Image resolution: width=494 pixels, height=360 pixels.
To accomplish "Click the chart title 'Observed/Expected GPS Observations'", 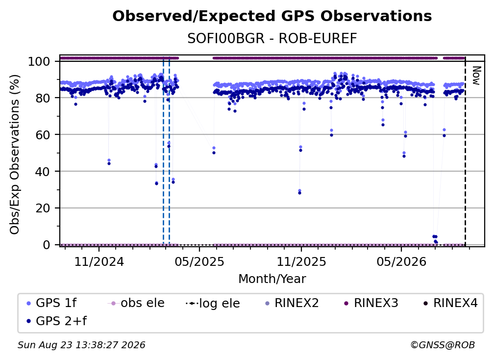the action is (x=272, y=16).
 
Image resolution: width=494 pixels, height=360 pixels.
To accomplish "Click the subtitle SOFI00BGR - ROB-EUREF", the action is (x=272, y=39).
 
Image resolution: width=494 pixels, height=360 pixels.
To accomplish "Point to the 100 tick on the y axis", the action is (x=39, y=61).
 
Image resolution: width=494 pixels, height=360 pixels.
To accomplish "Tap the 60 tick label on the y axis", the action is (x=43, y=134).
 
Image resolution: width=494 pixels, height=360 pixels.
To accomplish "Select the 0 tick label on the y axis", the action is (x=47, y=245).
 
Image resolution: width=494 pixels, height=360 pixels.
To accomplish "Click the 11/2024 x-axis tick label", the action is (x=99, y=262).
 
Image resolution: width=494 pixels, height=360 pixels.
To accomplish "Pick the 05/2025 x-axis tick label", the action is (x=199, y=262).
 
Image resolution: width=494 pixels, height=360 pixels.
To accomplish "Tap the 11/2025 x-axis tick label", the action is (x=301, y=262).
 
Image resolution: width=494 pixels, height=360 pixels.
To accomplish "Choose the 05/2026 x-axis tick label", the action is (x=401, y=262).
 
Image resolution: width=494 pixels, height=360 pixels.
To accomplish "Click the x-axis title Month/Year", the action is (x=272, y=279).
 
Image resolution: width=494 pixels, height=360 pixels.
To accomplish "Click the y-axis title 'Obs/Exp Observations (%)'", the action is (x=15, y=154).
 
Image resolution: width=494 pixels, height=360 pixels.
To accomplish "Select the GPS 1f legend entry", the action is (x=51, y=303).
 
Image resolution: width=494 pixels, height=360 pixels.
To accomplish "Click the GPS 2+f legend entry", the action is (x=56, y=321).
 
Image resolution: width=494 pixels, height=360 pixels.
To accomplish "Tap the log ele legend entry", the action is (x=213, y=303).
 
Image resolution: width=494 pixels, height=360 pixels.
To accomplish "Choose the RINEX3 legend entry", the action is (x=371, y=303).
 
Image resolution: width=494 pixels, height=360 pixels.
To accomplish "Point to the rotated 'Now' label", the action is (x=476, y=76).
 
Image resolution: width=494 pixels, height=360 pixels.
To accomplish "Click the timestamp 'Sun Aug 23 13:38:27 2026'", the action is (x=81, y=345).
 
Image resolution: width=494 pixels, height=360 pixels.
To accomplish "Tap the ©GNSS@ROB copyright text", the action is (x=443, y=345).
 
